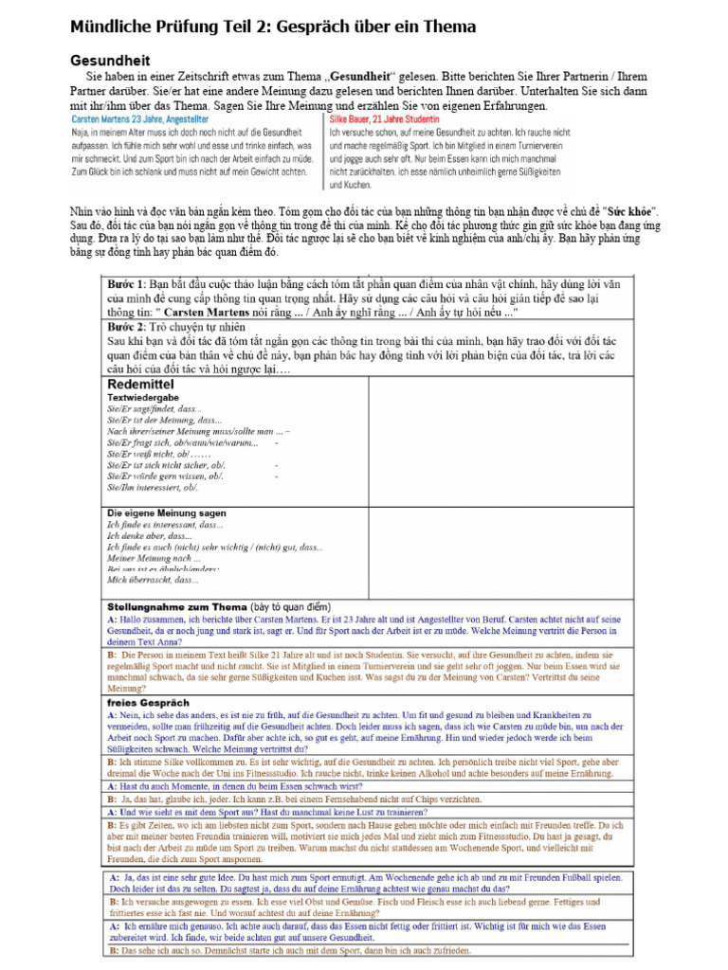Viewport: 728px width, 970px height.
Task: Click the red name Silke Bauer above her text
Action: (x=356, y=120)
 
